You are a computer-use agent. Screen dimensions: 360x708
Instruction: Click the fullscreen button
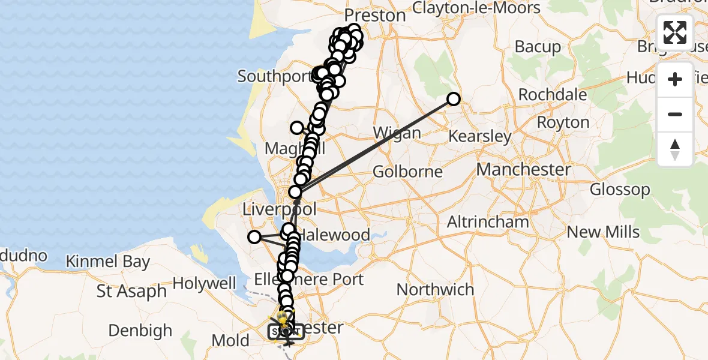(675, 32)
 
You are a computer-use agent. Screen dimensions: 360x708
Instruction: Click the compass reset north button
(675, 149)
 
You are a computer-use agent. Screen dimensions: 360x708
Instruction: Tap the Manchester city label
(524, 169)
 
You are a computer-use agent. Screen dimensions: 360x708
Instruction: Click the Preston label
(376, 16)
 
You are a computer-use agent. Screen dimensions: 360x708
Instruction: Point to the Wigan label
(397, 133)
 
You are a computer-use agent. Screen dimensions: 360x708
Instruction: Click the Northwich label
(435, 290)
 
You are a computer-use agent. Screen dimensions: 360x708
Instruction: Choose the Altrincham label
(488, 222)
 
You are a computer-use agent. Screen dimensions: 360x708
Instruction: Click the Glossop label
(620, 190)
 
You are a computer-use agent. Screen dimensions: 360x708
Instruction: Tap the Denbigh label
(140, 331)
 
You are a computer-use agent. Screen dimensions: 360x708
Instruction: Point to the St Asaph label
(132, 292)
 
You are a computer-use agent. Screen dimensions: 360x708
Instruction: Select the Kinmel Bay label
(108, 262)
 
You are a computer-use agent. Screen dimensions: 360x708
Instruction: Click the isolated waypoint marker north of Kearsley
(454, 99)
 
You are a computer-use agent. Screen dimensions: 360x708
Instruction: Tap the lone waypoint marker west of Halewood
(254, 237)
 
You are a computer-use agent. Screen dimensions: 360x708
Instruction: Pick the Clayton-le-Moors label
(476, 8)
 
